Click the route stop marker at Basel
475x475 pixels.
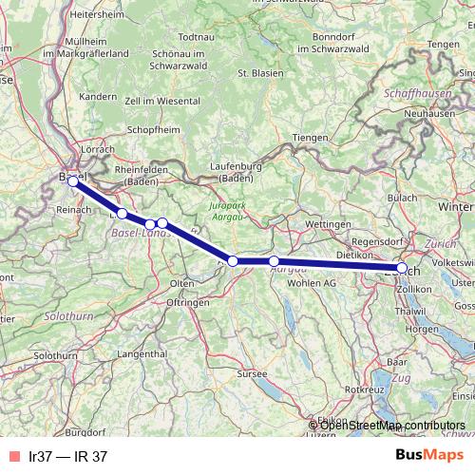[73, 180]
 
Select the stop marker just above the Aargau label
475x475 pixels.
[274, 261]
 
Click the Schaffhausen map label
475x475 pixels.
[419, 95]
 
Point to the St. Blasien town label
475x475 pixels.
[256, 72]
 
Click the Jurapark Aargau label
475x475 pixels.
[233, 211]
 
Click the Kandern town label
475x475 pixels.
[98, 97]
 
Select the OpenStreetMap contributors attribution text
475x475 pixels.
[391, 425]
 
